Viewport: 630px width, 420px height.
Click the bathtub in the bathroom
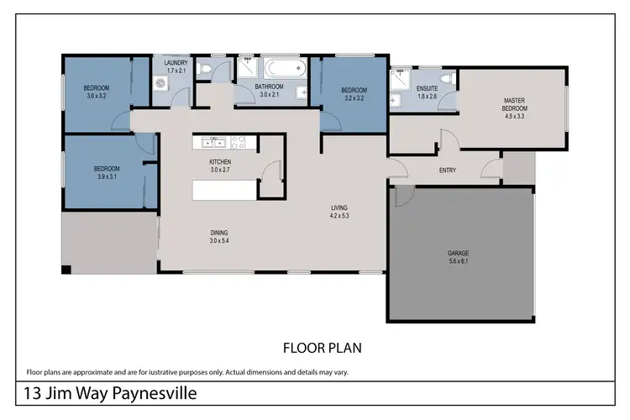click(x=276, y=69)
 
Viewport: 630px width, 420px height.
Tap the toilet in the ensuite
click(x=451, y=79)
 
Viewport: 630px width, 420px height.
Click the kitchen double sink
click(x=213, y=142)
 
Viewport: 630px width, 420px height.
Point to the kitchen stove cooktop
click(x=238, y=142)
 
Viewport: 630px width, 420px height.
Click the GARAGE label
click(x=458, y=253)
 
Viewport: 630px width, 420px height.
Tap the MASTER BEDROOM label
click(x=514, y=103)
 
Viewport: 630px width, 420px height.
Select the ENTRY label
click(x=448, y=171)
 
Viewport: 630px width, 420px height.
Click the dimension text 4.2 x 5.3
click(x=339, y=215)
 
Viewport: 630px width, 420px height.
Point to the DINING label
click(x=219, y=233)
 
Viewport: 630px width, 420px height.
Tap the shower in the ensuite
click(x=397, y=81)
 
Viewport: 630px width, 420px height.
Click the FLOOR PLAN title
click(x=322, y=346)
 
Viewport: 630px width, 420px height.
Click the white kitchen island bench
click(x=223, y=190)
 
